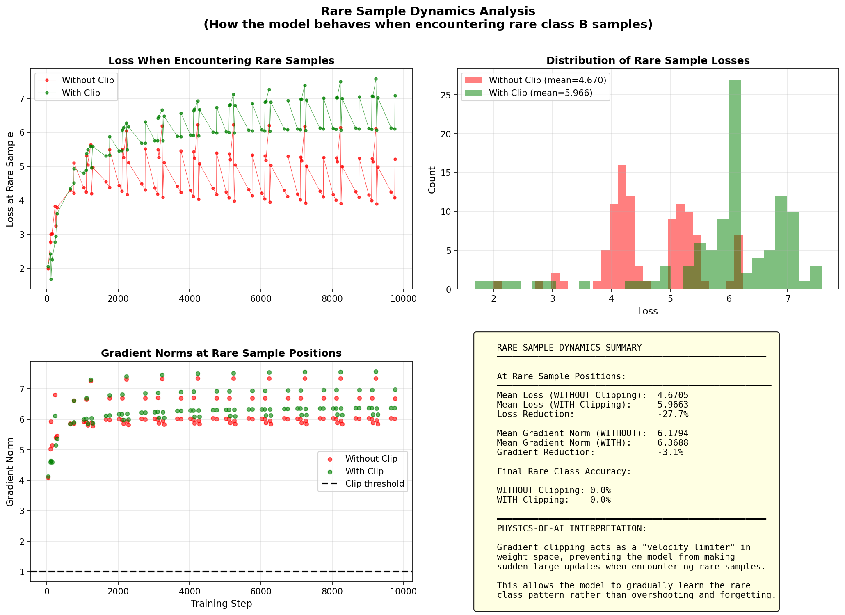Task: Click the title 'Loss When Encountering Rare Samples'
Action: coord(221,61)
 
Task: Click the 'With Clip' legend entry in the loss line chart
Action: coord(81,93)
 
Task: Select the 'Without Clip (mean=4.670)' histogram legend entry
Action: coord(547,80)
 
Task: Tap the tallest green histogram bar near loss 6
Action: coord(735,184)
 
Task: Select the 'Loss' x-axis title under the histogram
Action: coord(648,312)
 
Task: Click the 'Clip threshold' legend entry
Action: coord(375,484)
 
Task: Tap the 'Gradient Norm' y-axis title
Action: coord(10,471)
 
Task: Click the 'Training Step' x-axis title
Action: coord(221,604)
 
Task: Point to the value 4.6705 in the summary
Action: coord(673,395)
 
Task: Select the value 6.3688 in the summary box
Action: coord(673,443)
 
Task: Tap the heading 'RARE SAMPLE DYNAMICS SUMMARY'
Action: coord(569,348)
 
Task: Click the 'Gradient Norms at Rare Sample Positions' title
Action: coord(221,353)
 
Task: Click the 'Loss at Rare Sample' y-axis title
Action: coord(10,180)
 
